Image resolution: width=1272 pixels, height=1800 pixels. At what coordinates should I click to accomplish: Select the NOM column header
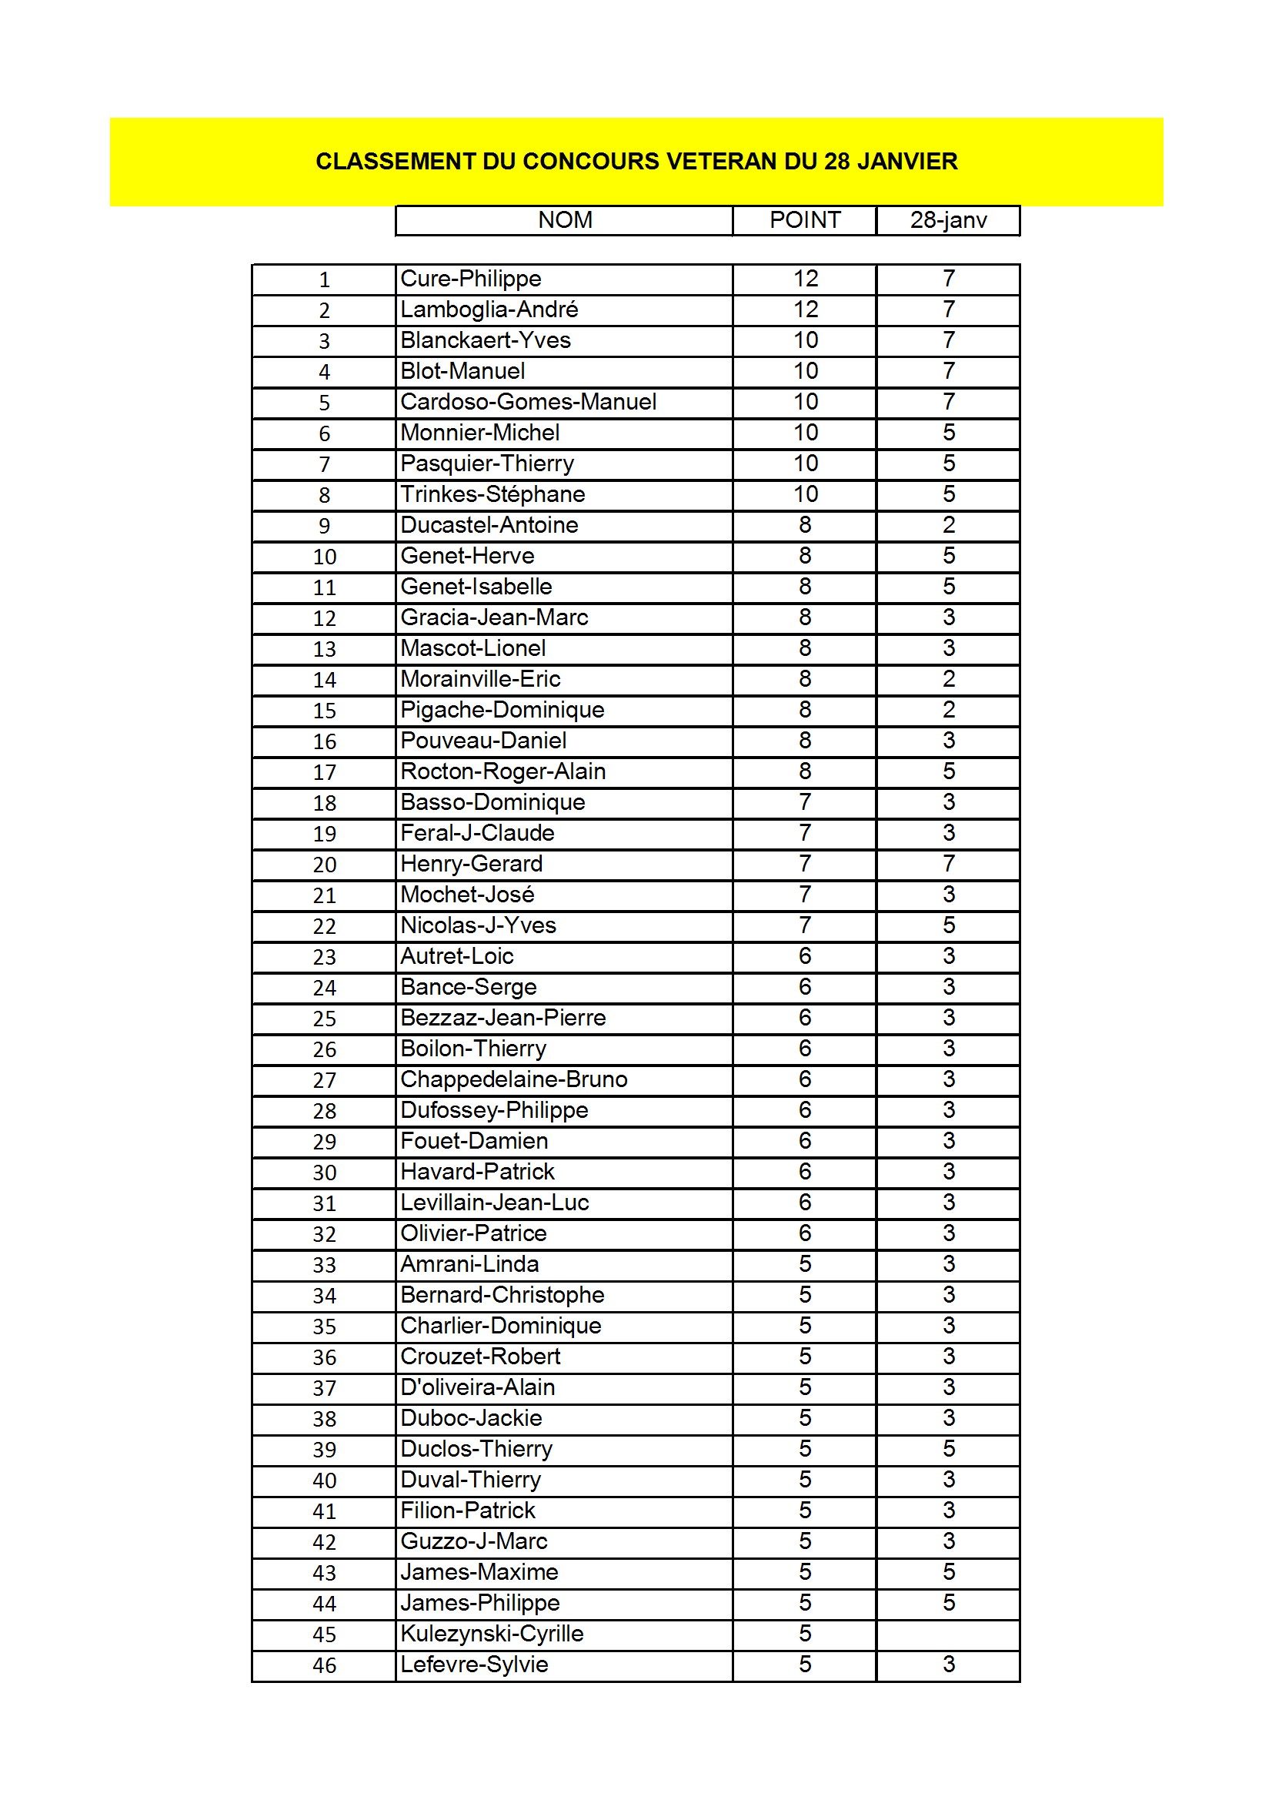point(564,220)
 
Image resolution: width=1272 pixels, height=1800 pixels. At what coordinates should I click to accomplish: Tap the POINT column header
point(804,220)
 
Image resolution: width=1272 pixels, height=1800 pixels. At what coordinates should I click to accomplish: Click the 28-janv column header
point(947,220)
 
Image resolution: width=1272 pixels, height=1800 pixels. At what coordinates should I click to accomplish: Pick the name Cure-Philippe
point(470,279)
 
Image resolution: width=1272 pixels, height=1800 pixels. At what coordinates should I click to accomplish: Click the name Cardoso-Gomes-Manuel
point(527,402)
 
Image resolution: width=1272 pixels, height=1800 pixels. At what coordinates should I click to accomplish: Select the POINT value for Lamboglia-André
point(805,309)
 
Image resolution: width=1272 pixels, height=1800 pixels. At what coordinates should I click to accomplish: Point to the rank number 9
point(324,526)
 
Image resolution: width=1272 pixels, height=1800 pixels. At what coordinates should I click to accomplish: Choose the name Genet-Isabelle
point(476,587)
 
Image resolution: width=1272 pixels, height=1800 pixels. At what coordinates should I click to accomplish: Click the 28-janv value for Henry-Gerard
point(948,864)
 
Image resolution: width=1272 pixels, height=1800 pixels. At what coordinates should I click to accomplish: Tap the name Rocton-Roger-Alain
point(502,771)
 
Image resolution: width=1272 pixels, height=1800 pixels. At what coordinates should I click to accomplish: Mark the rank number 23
point(324,957)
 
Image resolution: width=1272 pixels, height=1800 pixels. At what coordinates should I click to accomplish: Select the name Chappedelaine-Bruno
point(513,1079)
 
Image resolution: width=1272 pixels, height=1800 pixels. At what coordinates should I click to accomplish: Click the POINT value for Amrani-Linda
point(805,1265)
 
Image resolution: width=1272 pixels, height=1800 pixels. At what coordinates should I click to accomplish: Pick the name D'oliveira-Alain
point(477,1387)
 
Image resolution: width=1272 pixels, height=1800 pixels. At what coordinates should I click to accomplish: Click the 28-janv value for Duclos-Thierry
point(948,1449)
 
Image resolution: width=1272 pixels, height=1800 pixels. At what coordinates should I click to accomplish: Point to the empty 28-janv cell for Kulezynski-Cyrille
point(947,1634)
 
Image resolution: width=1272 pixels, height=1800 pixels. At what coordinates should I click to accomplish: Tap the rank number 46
point(324,1665)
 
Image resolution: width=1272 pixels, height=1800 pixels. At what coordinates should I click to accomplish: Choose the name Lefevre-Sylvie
point(473,1664)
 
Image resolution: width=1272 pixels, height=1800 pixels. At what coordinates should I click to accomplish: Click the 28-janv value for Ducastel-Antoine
point(948,525)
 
